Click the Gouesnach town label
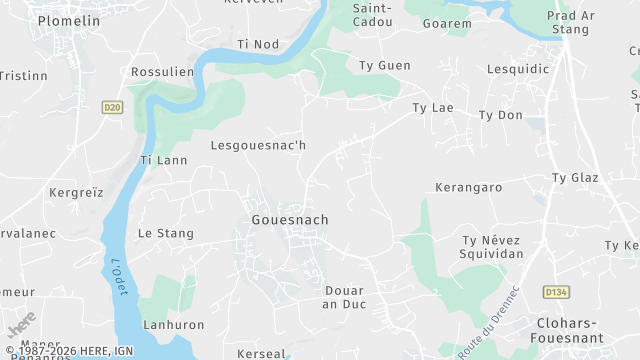[x=290, y=219]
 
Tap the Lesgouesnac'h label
[x=258, y=145]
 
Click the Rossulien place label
[x=162, y=72]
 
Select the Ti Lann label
[x=163, y=160]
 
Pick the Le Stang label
[x=165, y=233]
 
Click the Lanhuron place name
[x=173, y=325]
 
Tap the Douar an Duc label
[x=344, y=298]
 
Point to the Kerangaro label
[x=468, y=187]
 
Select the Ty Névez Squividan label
[x=492, y=247]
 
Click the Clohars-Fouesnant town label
[x=581, y=330]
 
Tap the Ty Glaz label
[x=574, y=177]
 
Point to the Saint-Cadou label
[x=373, y=14]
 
